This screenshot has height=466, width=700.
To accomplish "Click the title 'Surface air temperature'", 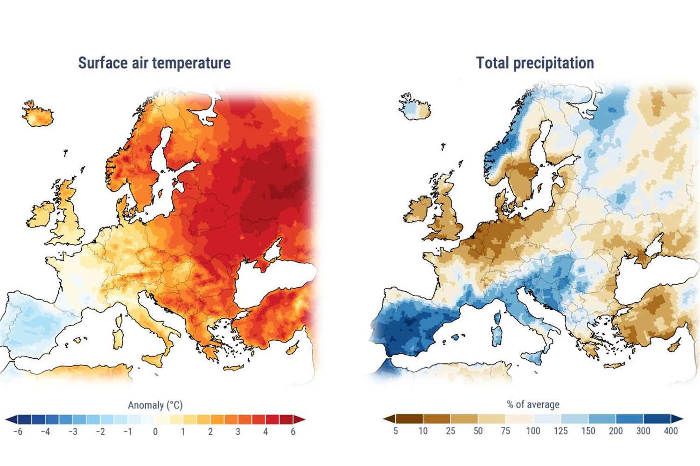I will point(154,63).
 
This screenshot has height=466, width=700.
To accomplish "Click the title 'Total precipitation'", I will point(535,63).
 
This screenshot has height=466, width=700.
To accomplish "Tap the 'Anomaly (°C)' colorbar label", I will point(155,405).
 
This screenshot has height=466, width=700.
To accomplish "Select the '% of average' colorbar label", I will point(533,404).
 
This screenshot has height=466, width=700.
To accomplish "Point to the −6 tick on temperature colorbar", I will point(18,432).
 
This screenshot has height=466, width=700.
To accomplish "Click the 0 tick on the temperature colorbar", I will point(155,432).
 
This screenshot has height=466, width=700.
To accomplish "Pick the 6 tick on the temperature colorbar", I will point(293,432).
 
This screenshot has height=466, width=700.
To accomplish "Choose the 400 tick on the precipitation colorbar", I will point(671,431).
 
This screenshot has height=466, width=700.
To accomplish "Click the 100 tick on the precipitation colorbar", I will point(533,431).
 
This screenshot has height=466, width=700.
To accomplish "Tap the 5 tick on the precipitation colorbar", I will point(395,431).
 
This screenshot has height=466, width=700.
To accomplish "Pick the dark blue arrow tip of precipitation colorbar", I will point(679,418).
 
